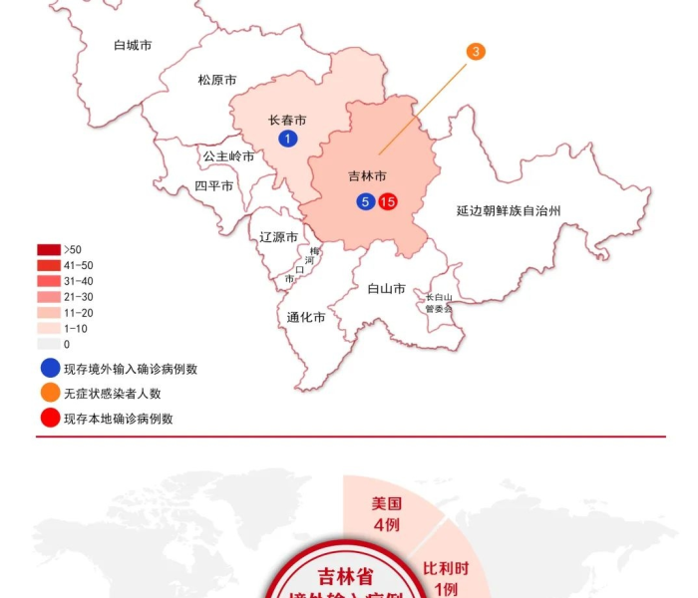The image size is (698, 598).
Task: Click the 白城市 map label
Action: (133, 45)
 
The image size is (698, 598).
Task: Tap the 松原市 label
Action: (216, 80)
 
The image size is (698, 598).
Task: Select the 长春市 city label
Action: (287, 121)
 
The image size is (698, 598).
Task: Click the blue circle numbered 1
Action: (287, 139)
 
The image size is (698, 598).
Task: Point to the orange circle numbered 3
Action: (476, 51)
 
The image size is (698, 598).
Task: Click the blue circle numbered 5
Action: (366, 202)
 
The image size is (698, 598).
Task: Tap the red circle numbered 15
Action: (388, 202)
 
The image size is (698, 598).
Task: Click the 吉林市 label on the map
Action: (367, 176)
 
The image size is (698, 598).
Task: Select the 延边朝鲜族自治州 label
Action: (509, 211)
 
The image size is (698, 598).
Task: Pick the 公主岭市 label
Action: (228, 156)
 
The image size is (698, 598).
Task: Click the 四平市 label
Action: (213, 186)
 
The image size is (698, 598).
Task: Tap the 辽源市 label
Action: (278, 237)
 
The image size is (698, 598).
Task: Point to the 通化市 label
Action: (306, 318)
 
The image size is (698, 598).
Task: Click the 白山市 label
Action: (386, 289)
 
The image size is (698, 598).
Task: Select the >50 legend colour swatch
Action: (49, 249)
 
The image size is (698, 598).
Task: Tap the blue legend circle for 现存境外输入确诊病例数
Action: (48, 369)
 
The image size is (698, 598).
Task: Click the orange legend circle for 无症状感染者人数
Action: (48, 394)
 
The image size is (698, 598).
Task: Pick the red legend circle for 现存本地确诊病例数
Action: (48, 419)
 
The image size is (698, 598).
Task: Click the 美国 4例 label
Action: (387, 514)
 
